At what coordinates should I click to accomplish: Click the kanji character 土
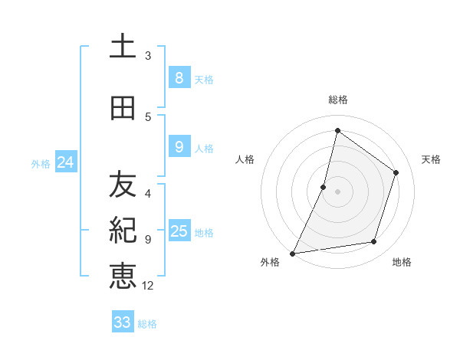click(123, 47)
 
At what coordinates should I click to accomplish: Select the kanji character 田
click(123, 110)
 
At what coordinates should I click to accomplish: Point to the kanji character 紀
click(123, 230)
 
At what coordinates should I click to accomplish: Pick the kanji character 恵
click(123, 276)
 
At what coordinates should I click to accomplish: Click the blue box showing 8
click(179, 78)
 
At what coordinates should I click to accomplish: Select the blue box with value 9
click(179, 147)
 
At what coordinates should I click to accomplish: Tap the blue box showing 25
click(179, 231)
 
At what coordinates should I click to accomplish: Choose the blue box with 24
click(65, 162)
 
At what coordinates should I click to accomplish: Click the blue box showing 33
click(123, 322)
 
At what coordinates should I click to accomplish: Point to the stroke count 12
click(148, 286)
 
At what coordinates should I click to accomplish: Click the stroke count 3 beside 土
click(148, 56)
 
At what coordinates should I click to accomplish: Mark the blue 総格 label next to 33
click(147, 324)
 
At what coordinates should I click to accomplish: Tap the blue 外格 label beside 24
click(41, 163)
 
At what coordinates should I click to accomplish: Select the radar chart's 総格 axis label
click(337, 100)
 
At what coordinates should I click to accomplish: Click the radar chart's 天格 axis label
click(431, 159)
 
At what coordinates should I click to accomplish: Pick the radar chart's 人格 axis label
click(245, 159)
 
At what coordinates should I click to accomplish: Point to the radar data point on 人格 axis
click(324, 187)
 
